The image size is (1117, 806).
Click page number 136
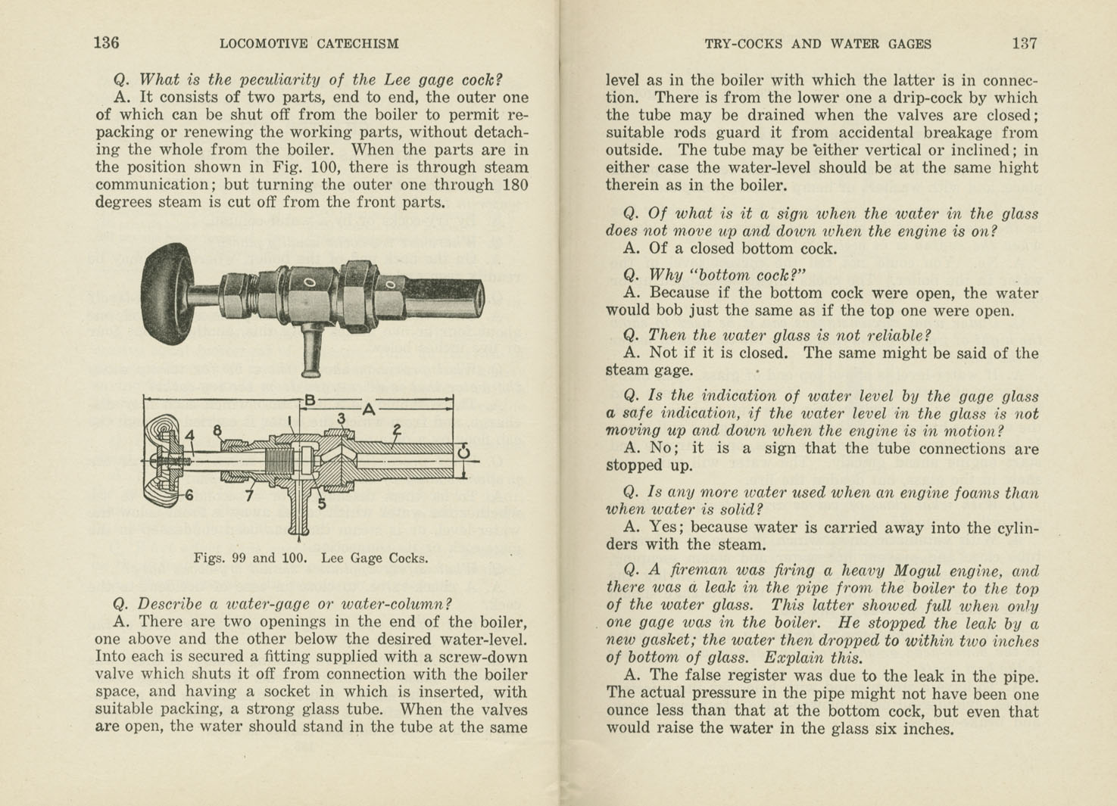click(x=106, y=43)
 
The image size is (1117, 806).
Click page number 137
click(x=1024, y=43)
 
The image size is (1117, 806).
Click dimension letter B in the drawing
click(x=309, y=399)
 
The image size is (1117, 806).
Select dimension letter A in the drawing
click(x=369, y=409)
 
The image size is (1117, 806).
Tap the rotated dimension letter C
click(x=463, y=453)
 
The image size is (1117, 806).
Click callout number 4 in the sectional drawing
click(x=190, y=435)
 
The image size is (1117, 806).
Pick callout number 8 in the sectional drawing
click(x=218, y=431)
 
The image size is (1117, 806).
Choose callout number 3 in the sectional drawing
click(x=342, y=419)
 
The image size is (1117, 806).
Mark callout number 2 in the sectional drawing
click(x=396, y=429)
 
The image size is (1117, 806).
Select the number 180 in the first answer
click(x=515, y=185)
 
